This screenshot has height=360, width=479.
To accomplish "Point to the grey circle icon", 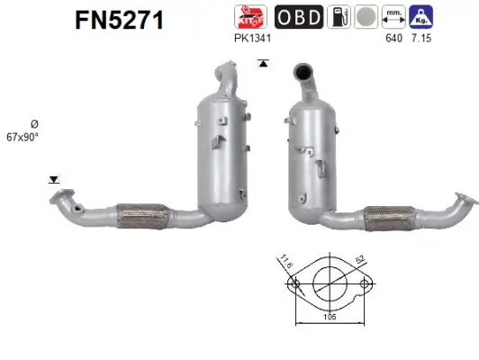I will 366,17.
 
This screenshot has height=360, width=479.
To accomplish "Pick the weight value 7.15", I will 420,40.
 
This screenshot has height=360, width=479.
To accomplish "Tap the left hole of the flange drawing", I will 293,285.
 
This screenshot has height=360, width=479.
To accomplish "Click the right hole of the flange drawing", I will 365,285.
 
